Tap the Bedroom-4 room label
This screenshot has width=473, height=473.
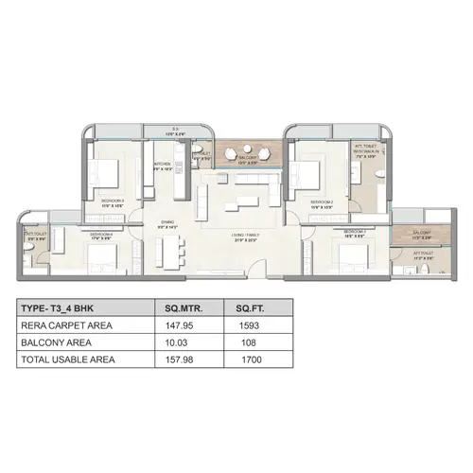101,235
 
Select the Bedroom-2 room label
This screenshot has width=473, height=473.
322,201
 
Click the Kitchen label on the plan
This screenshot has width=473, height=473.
162,166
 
